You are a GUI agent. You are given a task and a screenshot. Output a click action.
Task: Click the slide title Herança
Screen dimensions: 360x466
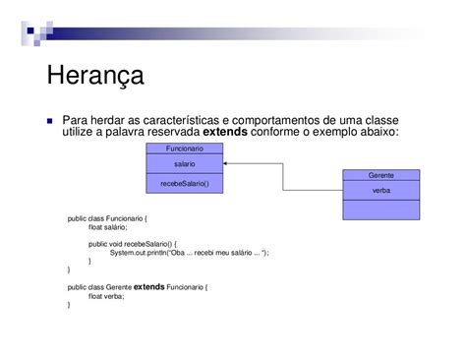tap(95, 76)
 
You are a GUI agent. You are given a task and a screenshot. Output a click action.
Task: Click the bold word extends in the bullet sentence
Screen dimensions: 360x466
tap(226, 132)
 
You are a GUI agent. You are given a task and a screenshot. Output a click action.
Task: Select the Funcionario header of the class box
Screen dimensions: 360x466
tap(184, 147)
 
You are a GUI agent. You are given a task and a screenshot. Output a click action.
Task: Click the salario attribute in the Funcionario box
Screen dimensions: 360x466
tap(184, 164)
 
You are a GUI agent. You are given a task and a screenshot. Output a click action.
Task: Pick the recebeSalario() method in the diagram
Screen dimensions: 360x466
tap(184, 183)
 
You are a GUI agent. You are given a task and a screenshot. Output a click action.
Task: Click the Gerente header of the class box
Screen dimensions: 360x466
tap(380, 174)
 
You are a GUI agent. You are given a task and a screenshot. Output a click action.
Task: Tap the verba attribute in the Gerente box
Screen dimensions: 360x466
tap(380, 191)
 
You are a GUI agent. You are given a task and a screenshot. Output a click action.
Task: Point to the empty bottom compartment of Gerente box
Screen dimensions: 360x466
tap(380, 210)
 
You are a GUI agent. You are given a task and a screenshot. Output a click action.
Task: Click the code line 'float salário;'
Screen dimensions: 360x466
tap(108, 227)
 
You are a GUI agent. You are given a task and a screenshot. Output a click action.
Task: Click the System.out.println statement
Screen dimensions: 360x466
tap(189, 252)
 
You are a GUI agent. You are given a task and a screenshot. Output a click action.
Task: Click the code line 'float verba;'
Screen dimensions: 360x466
tap(105, 296)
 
